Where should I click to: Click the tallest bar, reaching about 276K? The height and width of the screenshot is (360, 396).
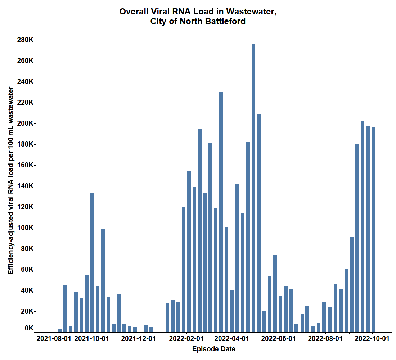pyautogui.click(x=253, y=187)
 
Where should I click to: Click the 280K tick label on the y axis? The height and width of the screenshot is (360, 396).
pyautogui.click(x=25, y=40)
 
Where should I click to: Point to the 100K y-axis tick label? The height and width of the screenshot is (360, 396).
pyautogui.click(x=25, y=228)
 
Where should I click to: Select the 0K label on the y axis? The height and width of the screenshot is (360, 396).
pyautogui.click(x=29, y=328)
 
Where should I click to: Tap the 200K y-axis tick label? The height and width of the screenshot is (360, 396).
pyautogui.click(x=25, y=123)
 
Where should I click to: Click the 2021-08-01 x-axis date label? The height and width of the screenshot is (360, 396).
pyautogui.click(x=54, y=339)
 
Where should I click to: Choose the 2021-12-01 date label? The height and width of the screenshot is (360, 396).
pyautogui.click(x=138, y=339)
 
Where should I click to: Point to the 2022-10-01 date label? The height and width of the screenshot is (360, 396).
pyautogui.click(x=372, y=339)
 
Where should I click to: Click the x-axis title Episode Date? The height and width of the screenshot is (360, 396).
pyautogui.click(x=214, y=349)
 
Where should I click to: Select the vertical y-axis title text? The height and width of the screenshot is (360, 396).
pyautogui.click(x=11, y=180)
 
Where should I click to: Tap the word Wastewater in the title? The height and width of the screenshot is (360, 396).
pyautogui.click(x=251, y=12)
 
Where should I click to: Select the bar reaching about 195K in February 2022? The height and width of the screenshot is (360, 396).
pyautogui.click(x=200, y=230)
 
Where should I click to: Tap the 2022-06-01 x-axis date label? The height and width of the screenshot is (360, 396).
pyautogui.click(x=278, y=339)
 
